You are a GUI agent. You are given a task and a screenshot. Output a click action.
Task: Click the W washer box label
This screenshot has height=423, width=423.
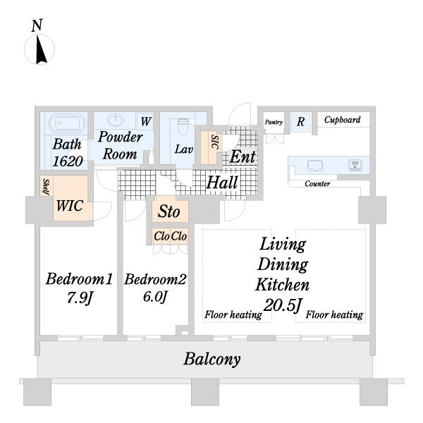(145, 121)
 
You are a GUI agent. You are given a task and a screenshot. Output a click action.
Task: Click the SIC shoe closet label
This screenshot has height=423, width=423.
(214, 147)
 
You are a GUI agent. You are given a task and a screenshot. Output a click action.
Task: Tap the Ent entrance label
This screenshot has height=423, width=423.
(242, 157)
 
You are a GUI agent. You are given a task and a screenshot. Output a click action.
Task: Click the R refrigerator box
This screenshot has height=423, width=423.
(300, 121)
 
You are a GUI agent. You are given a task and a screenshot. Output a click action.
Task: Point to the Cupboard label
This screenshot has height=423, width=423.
(342, 120)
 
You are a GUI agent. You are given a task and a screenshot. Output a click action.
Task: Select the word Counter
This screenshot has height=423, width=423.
(317, 184)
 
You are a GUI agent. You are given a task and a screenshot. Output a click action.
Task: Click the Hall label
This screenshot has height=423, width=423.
(221, 183)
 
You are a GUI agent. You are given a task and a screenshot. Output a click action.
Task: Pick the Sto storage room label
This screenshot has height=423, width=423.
(168, 211)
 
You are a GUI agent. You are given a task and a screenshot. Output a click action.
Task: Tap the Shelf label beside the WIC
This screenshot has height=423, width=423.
(44, 187)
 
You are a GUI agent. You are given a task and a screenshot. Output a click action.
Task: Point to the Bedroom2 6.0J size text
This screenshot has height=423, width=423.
(154, 297)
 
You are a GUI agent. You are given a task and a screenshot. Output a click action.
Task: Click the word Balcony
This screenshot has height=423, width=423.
(211, 359)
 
